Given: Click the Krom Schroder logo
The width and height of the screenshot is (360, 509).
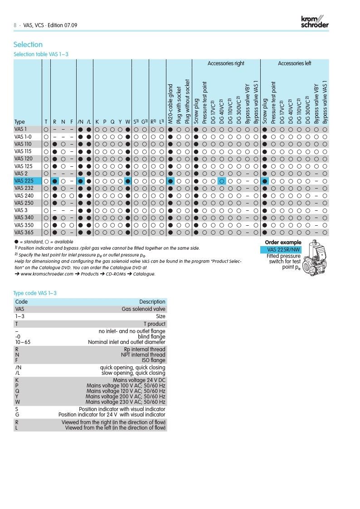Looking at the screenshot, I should pos(314,22).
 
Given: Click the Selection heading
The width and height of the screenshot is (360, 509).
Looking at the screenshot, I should pos(28,44).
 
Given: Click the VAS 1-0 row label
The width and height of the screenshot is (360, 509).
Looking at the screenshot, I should pos(23,137).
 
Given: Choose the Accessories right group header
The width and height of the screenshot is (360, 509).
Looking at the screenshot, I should pos(226,63).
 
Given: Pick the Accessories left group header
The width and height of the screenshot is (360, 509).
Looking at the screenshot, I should pos(294,63).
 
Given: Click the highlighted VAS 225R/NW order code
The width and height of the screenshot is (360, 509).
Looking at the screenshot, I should pos(283,250).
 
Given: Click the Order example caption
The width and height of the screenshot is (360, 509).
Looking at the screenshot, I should pos(283,243).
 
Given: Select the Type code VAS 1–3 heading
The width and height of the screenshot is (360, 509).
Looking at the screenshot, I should pos(35,293).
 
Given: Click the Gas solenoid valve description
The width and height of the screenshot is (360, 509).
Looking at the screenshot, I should pos(143,309).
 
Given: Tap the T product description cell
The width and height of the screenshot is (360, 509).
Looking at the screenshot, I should pos(154,324).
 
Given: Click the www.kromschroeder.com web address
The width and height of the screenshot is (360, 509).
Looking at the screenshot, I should pos(47,274).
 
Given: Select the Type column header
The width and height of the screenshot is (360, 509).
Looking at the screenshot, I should pos(19,122).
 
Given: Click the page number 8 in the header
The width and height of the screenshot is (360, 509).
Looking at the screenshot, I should pos(15,25).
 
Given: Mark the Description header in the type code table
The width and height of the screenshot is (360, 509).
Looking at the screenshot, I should pos(152,302).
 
